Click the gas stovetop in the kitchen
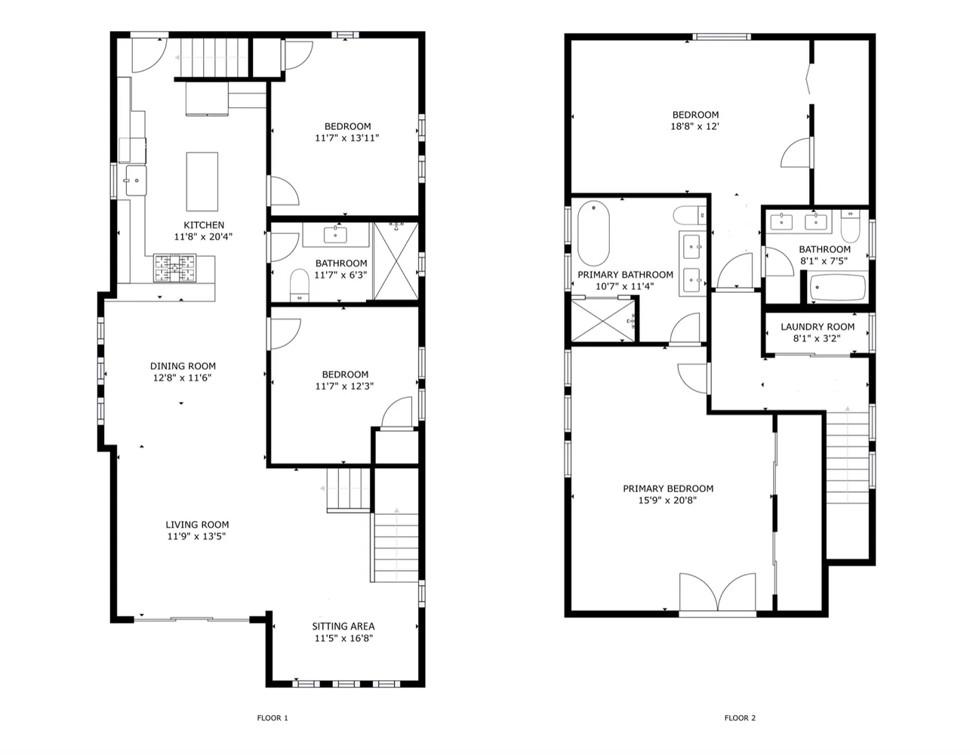(174, 268)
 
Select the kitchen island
(202, 181)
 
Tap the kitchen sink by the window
(136, 180)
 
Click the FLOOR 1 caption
(273, 718)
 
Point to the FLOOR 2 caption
(740, 718)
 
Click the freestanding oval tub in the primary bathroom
(593, 233)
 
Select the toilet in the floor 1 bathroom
(299, 285)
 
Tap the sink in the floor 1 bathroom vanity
(335, 234)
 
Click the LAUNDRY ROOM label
(818, 327)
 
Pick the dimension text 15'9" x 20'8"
(667, 500)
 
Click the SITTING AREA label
(343, 627)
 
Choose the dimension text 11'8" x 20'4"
(203, 236)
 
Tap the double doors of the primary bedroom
(717, 592)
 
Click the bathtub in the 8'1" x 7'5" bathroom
(837, 287)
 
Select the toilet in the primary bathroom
(690, 215)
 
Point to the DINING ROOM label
(183, 366)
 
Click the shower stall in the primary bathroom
(603, 321)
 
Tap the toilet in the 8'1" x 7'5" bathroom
(850, 226)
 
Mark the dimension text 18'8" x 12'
(695, 126)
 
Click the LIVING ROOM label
(197, 525)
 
